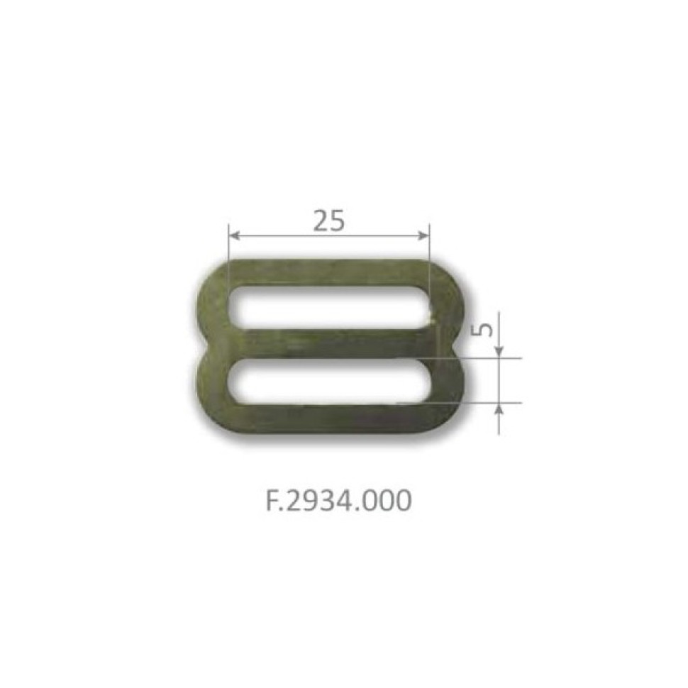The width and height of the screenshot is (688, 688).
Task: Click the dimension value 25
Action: (x=328, y=221)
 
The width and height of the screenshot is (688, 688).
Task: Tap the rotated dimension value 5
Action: (x=481, y=330)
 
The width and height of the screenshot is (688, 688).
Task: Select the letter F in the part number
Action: (x=272, y=501)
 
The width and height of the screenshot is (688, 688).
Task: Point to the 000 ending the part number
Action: (x=386, y=501)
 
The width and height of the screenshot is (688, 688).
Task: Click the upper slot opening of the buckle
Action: (x=328, y=308)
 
